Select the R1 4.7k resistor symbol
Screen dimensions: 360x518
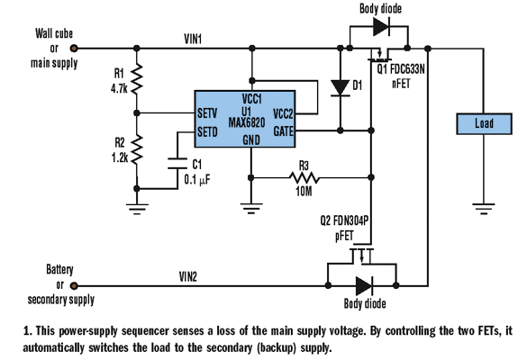pos(135,79)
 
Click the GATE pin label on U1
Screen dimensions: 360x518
pos(281,131)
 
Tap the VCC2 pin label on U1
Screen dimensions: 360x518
pos(281,113)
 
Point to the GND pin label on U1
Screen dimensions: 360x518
pos(251,140)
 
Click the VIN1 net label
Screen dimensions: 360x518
pos(192,39)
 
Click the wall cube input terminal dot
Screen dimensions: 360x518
pos(75,49)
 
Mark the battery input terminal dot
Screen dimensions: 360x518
pos(75,286)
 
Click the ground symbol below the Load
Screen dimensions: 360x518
pos(484,209)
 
